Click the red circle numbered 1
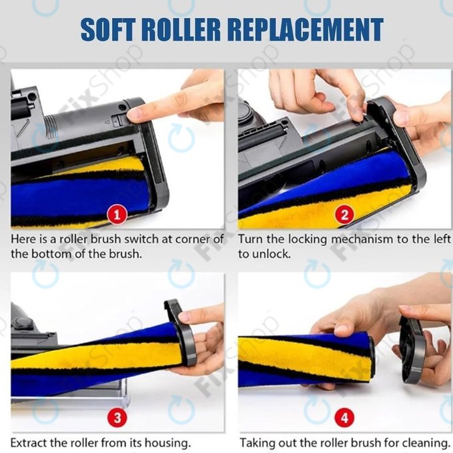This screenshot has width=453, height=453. pos(117,215)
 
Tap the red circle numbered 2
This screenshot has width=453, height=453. pos(344,215)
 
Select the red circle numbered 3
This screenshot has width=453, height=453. pos(117,418)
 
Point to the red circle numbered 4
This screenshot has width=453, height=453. pos(344,418)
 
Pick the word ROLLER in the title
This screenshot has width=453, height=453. pos(181,29)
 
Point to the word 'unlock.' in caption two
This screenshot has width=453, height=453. pos(271,254)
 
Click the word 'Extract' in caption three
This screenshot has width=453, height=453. pos(29,442)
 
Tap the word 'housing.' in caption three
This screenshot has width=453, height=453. pos(168,443)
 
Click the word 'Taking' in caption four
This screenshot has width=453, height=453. pos(256,443)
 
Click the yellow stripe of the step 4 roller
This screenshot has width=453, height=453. pos(303,358)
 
